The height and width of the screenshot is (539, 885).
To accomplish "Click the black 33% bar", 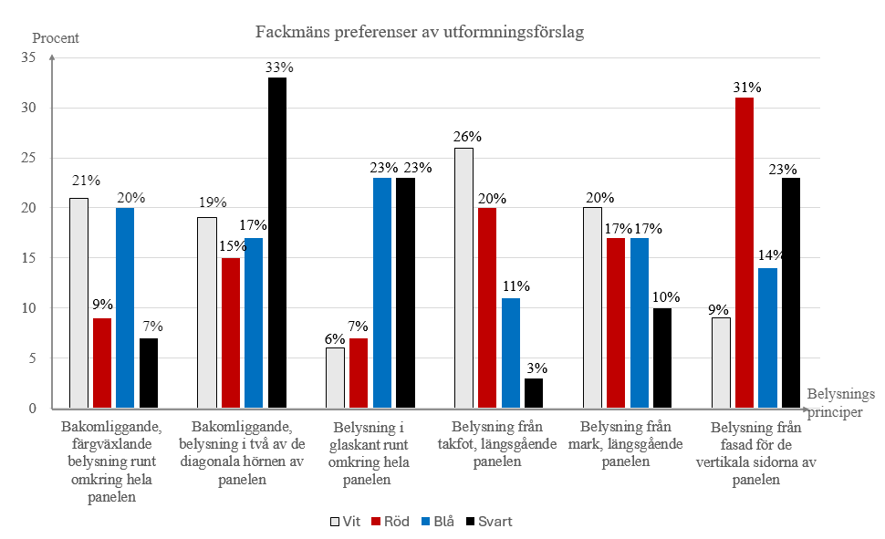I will (276, 243).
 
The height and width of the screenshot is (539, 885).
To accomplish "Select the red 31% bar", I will (744, 253).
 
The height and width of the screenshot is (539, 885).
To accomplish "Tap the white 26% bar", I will (463, 277).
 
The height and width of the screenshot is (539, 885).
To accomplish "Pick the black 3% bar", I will (533, 393).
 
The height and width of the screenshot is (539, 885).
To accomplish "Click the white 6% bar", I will (336, 378).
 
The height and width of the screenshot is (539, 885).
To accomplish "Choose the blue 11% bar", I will (510, 353).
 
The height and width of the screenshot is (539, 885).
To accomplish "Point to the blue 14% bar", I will (767, 338).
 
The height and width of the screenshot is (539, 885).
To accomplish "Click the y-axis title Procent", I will (56, 38).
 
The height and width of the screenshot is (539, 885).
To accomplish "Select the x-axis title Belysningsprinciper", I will (839, 402).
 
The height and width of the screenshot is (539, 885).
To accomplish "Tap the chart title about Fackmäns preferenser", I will (419, 33).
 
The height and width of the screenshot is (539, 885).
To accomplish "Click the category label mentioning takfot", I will (498, 444).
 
